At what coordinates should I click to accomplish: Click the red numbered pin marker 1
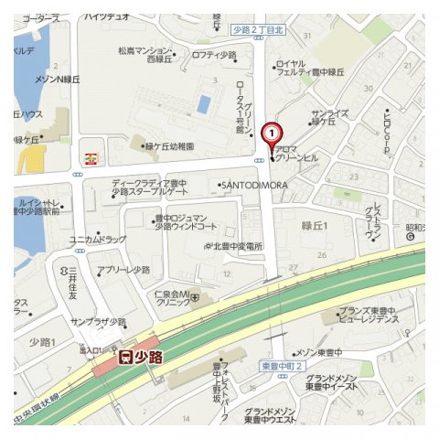pos(271,134)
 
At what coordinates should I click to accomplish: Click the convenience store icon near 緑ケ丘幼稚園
pos(89,157)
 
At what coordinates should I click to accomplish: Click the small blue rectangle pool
pos(203,104)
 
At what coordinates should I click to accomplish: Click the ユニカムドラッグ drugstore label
pos(98,240)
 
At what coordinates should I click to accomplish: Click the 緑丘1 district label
pos(315,226)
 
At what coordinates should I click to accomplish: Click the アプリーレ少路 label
pos(123,271)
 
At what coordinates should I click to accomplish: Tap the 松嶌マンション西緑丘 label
pos(146,54)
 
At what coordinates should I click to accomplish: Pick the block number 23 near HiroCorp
pos(354,174)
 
